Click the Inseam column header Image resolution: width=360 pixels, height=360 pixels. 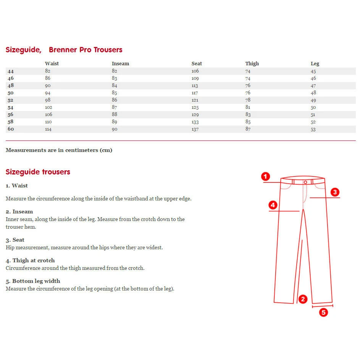[x=120, y=64]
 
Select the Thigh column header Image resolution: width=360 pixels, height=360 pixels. [x=252, y=64]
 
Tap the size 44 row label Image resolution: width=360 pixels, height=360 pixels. [x=10, y=71]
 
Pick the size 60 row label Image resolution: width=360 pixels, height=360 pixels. [x=10, y=129]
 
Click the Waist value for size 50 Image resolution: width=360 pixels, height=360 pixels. [x=48, y=93]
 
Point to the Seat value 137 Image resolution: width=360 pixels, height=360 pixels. [x=195, y=129]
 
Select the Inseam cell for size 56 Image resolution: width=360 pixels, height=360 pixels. [x=115, y=115]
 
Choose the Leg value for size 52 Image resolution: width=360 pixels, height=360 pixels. [x=313, y=100]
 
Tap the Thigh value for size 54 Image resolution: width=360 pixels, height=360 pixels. [x=248, y=107]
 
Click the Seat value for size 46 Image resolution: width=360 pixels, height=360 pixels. [x=195, y=79]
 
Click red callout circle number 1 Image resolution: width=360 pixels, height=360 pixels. [x=266, y=176]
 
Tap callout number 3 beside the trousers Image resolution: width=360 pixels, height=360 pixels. [x=335, y=192]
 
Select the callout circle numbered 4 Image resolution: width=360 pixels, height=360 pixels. [x=273, y=205]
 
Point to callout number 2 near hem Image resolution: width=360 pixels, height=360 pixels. [x=303, y=299]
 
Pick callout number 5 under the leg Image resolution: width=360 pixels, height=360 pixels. [x=323, y=313]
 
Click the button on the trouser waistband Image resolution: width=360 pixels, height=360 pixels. [x=305, y=182]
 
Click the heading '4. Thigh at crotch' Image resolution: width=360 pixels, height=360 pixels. [x=30, y=260]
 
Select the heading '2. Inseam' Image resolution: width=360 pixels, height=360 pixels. [x=19, y=211]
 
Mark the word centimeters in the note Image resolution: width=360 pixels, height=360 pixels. [x=81, y=150]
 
